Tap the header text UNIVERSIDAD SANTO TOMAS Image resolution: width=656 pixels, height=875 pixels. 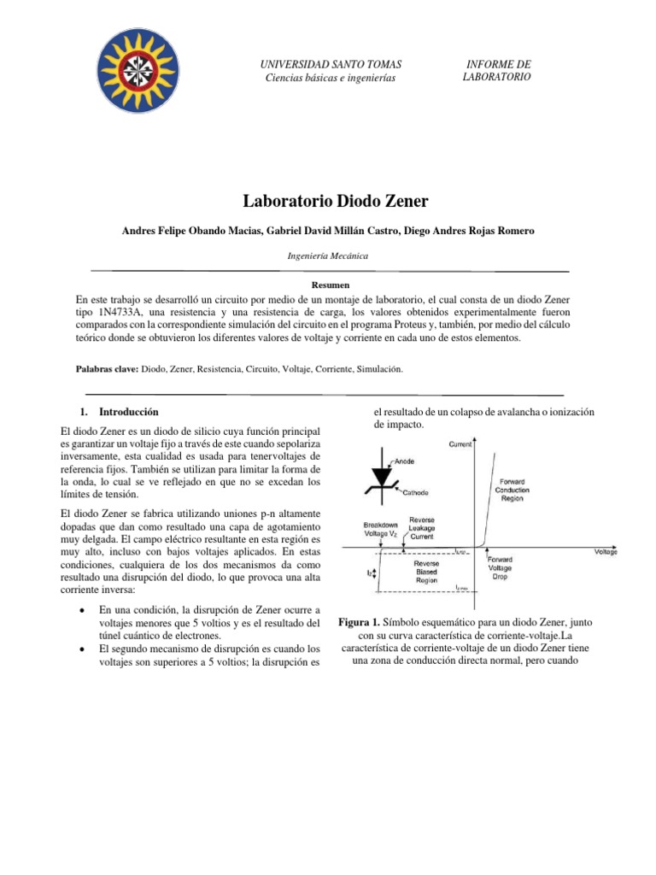pos(331,65)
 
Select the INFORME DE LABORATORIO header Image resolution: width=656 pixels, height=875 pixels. pos(496,71)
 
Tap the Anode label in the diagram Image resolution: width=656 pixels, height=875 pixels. pos(403,461)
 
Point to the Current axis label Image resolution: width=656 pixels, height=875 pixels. pos(462,443)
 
